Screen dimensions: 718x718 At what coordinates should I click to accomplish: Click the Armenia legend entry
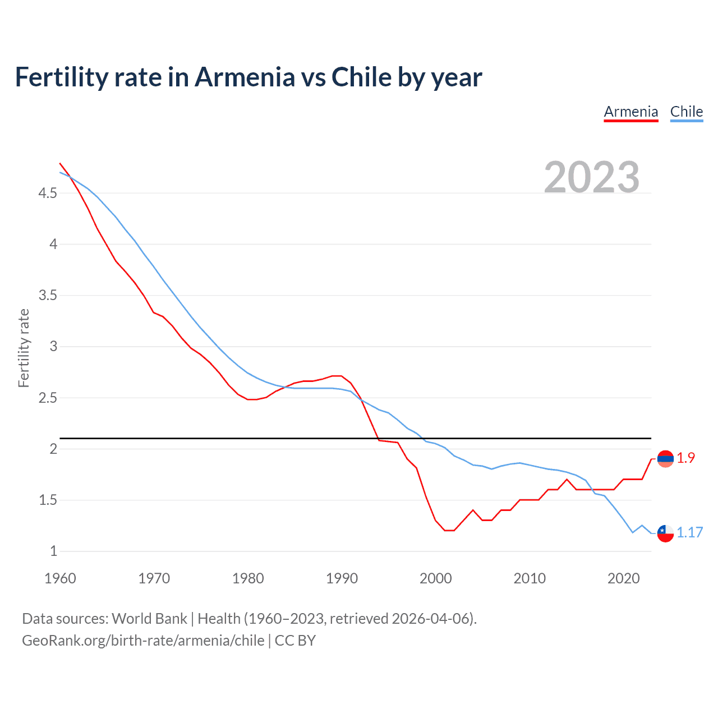pos(630,112)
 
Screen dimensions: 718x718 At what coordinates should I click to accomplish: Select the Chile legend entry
pos(686,112)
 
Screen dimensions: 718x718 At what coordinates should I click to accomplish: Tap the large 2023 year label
pos(592,177)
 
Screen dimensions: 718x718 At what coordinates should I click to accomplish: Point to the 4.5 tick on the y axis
pos(48,194)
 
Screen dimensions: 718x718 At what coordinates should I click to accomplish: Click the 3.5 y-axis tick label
pos(48,296)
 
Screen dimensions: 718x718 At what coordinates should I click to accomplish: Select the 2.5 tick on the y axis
pos(48,398)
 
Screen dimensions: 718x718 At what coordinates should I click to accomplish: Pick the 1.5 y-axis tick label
pos(48,500)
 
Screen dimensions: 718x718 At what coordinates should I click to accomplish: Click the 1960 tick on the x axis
pos(60,578)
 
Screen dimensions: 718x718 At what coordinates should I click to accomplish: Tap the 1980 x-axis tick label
pos(248,578)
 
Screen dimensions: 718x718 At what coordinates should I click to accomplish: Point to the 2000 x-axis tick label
pos(436,578)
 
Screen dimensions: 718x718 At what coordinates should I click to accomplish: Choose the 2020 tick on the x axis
pos(623,578)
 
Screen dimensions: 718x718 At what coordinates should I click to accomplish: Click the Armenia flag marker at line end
pos(665,459)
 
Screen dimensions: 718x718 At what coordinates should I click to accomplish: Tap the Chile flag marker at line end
pos(665,533)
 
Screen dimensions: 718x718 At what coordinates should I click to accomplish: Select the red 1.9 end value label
pos(685,458)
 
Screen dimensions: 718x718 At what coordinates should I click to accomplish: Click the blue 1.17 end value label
pos(689,533)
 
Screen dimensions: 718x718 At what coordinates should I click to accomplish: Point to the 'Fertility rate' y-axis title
pos(24,348)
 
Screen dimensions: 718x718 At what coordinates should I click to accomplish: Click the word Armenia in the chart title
pos(245,77)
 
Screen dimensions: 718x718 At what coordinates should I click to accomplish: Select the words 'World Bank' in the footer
pos(149,619)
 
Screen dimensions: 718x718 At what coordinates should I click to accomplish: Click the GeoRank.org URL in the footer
pos(143,641)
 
